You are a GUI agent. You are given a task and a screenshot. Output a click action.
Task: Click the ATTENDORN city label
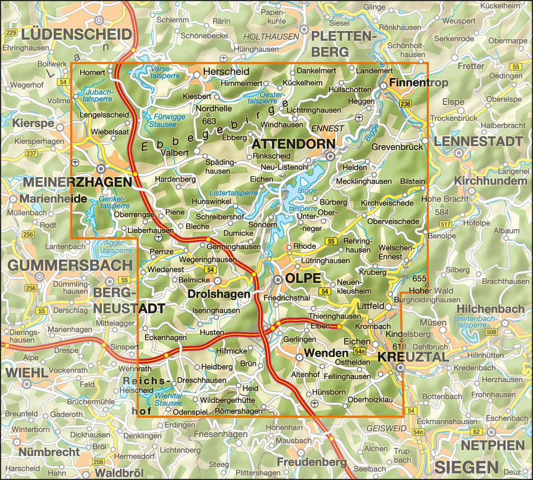coord(293,144)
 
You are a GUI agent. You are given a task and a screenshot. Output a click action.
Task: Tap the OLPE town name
coord(303,278)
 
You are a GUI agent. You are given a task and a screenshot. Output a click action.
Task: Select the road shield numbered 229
coord(11,32)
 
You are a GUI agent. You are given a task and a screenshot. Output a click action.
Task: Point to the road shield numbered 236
coord(405,104)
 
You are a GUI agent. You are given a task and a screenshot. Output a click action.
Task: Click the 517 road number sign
coord(446,224)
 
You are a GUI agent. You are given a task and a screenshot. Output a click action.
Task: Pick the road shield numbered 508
coord(491,333)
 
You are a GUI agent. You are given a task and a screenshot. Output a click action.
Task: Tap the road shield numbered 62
coord(476,432)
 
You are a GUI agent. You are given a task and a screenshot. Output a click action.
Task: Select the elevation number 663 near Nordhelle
coord(209,121)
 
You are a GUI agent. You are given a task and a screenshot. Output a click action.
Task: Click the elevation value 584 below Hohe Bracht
coord(442,212)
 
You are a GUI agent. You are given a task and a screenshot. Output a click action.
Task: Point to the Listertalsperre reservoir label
coord(233,193)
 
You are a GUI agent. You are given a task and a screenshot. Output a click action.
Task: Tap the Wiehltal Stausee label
coord(168,399)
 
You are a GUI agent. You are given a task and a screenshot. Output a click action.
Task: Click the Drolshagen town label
coord(219,294)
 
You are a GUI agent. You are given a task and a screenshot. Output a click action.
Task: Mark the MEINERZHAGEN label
coord(77,182)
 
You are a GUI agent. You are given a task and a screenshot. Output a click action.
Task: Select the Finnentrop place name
coord(419,82)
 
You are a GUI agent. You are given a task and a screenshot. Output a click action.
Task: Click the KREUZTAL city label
coord(413,357)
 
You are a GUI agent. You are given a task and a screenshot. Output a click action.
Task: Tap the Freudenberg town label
coord(312,462)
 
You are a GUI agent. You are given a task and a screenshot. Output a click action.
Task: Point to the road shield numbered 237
coord(31,153)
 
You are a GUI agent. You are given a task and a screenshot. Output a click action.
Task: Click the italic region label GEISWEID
coord(387,428)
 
